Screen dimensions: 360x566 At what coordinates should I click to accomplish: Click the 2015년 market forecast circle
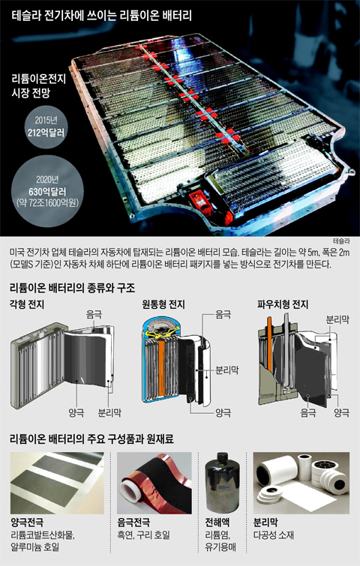(x=46, y=127)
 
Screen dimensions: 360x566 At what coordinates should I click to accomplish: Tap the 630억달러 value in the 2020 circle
(x=47, y=192)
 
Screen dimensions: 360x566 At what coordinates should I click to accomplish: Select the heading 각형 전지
(x=27, y=304)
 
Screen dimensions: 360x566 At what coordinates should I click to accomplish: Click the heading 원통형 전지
(x=163, y=304)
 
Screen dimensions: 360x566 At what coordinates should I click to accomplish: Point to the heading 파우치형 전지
(x=283, y=304)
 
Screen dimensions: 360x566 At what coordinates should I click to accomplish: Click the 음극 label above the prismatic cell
(x=94, y=315)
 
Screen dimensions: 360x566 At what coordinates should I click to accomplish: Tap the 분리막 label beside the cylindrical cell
(x=227, y=370)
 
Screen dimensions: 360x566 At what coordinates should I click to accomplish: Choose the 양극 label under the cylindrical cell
(x=223, y=412)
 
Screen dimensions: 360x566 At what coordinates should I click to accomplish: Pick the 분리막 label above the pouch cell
(x=337, y=319)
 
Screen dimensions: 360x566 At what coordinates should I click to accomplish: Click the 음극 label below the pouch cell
(x=308, y=412)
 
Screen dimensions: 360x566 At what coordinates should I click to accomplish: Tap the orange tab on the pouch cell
(x=268, y=343)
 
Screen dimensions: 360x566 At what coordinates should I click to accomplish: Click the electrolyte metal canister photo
(x=222, y=483)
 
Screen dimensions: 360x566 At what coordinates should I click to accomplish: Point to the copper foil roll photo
(x=154, y=483)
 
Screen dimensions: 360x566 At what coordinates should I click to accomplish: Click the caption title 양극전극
(x=27, y=523)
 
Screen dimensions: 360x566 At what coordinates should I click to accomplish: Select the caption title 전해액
(x=217, y=523)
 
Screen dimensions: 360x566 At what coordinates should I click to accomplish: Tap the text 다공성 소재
(x=274, y=535)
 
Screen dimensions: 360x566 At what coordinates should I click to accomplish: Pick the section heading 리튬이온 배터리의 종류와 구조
(x=72, y=288)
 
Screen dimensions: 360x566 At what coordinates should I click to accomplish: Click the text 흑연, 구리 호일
(x=143, y=535)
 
